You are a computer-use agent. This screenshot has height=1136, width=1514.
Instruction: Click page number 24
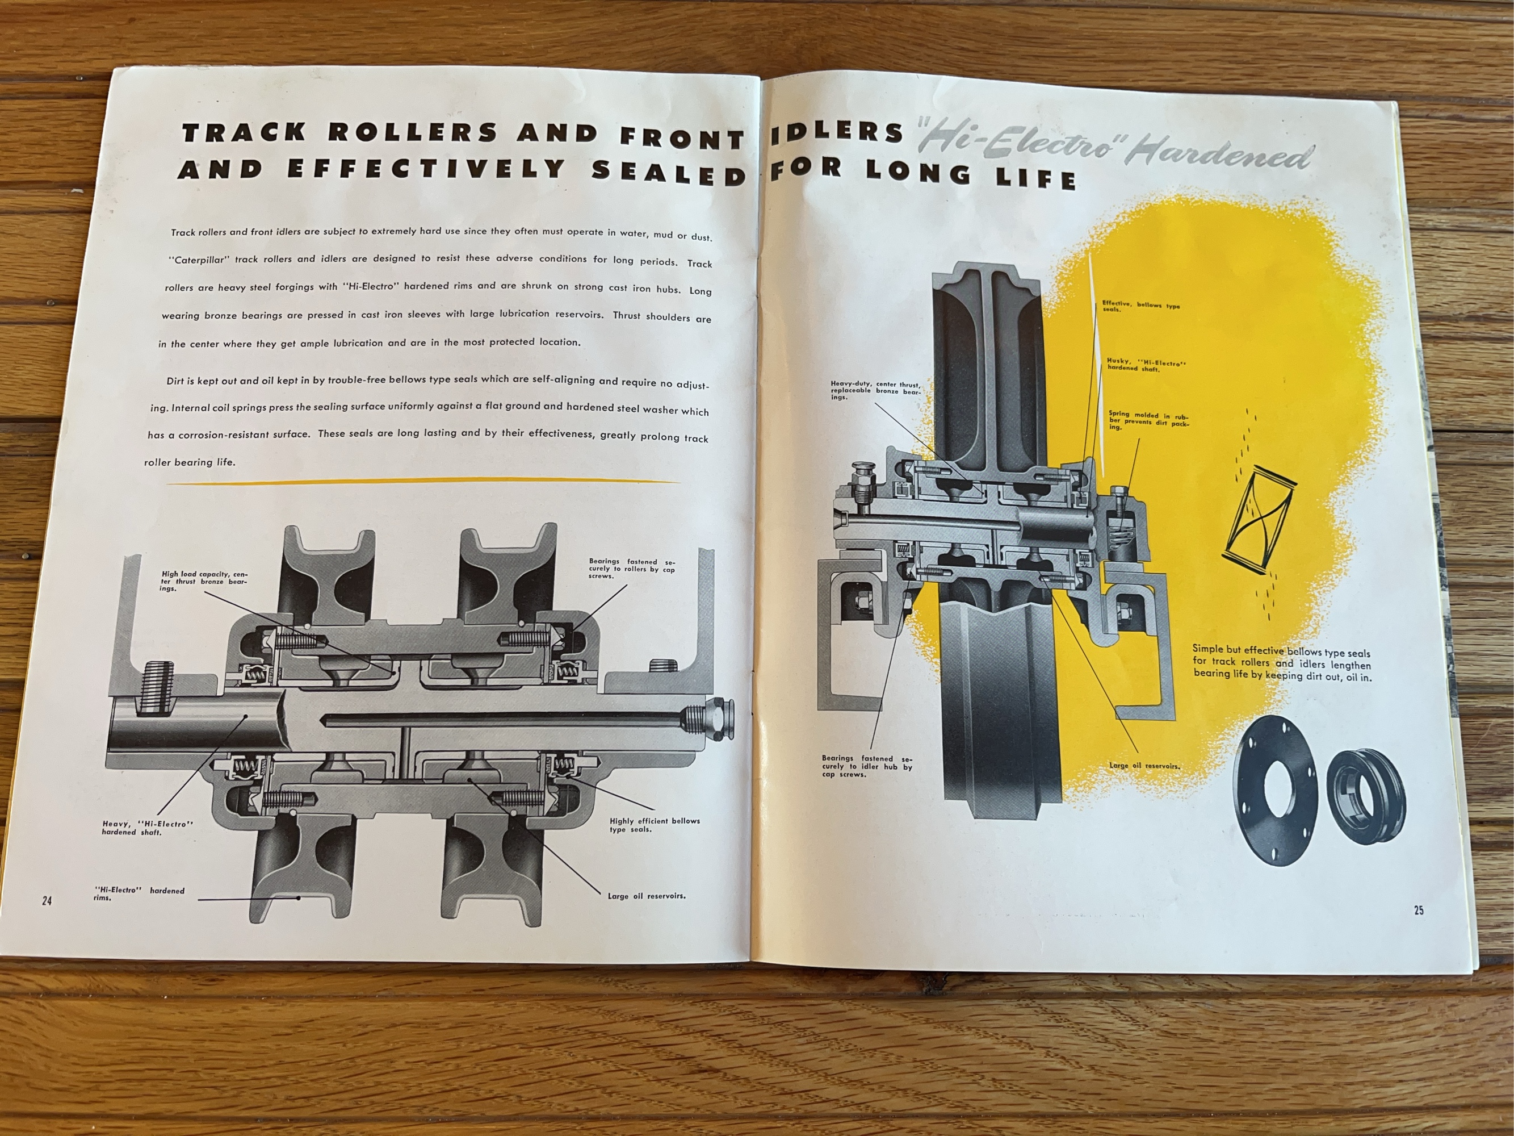coord(47,900)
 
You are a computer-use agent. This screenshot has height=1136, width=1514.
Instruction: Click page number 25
coord(1419,910)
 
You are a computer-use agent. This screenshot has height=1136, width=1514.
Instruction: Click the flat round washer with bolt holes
coord(1277,793)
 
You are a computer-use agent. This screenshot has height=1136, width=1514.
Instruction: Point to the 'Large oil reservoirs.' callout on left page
coord(646,896)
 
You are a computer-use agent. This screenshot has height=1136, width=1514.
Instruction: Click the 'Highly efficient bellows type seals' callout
coord(655,825)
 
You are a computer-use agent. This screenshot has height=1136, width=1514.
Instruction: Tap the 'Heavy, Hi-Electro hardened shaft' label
coord(148,828)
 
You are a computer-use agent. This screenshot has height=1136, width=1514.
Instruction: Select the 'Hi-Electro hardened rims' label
coord(139,893)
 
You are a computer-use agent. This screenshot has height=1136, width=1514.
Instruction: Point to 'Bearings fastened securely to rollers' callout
coord(632,569)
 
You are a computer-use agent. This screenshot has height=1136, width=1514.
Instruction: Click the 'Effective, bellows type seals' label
coord(1141,307)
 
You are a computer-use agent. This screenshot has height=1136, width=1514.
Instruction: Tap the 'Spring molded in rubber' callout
coord(1149,420)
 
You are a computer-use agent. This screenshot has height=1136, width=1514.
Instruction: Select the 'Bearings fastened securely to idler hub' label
coord(866,766)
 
